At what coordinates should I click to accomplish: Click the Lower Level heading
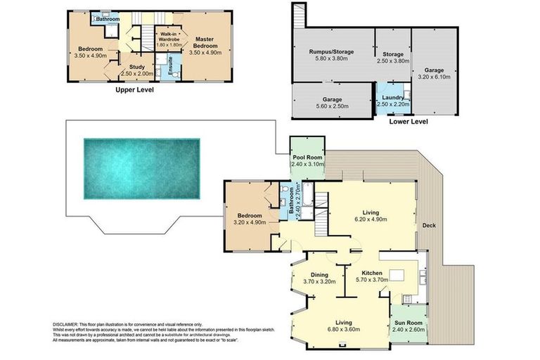[408, 121]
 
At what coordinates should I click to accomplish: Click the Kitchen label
[372, 273]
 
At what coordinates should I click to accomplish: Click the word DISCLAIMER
[68, 321]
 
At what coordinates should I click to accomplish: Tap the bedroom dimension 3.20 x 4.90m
[250, 222]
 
